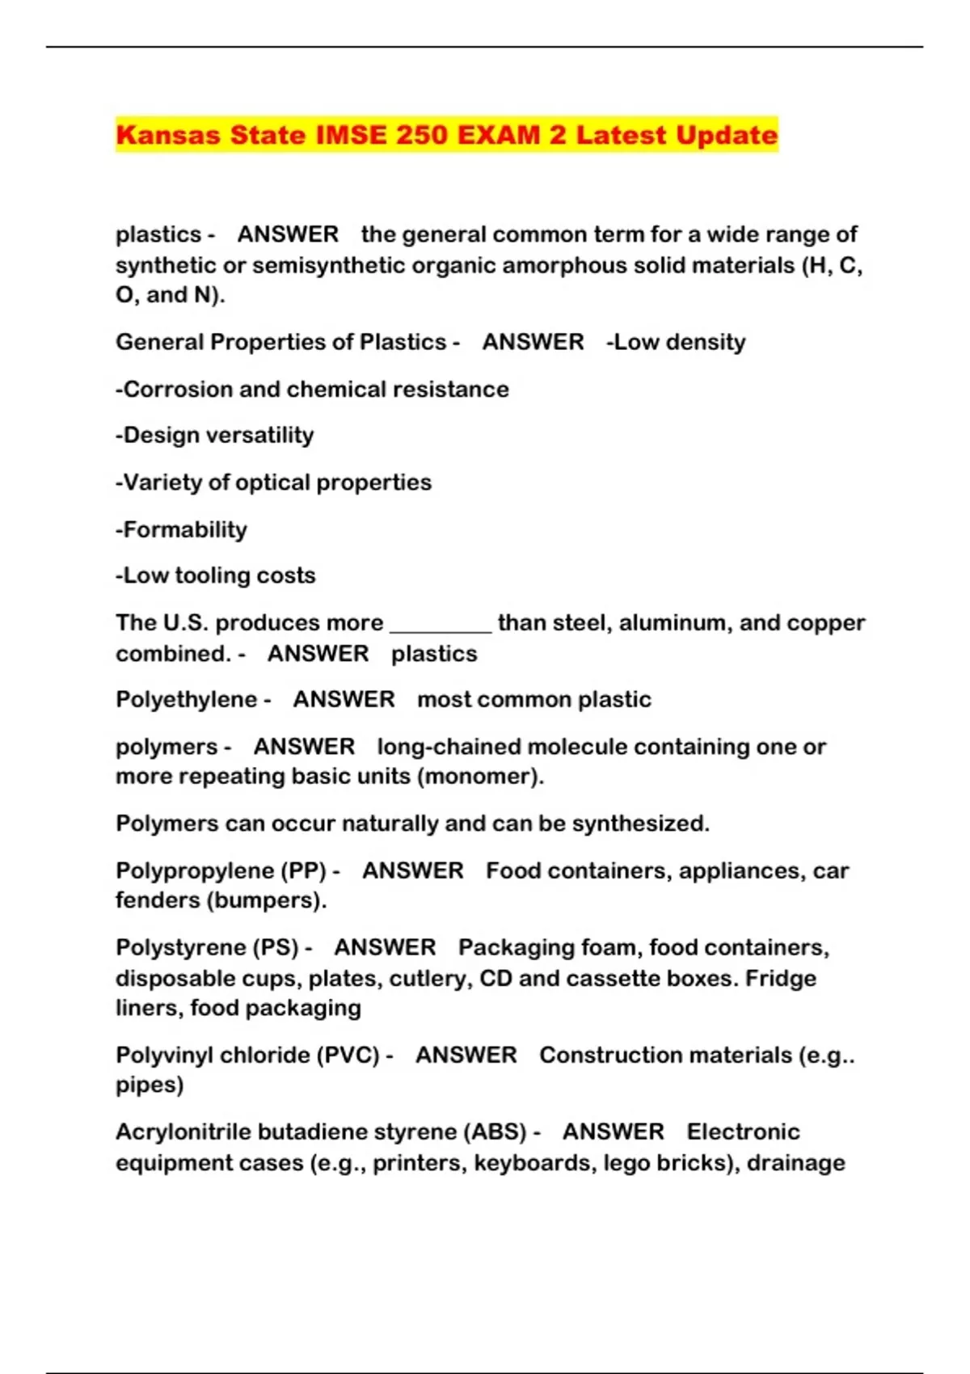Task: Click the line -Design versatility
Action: coord(214,435)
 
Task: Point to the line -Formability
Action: coord(181,529)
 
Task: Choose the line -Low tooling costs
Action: coord(215,575)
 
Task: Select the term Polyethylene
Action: coord(186,699)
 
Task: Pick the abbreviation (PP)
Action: coord(304,870)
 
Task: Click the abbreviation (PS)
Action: coord(276,947)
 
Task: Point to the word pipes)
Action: coord(150,1085)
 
